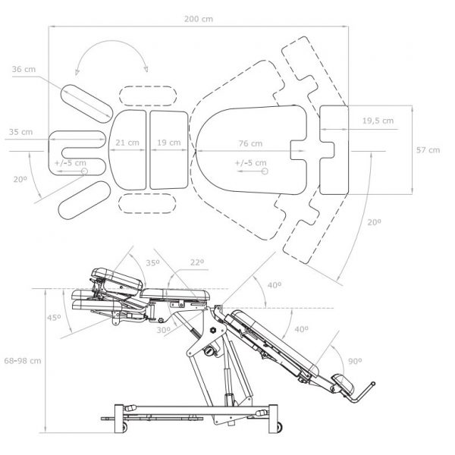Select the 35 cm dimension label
click(x=20, y=132)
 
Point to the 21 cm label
click(x=127, y=142)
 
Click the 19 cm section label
click(x=168, y=142)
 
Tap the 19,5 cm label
click(x=377, y=120)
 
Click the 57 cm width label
click(x=428, y=149)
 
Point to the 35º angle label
click(x=153, y=263)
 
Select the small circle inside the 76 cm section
click(x=265, y=172)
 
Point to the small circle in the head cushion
click(x=85, y=171)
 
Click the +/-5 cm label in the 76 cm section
click(x=250, y=162)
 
